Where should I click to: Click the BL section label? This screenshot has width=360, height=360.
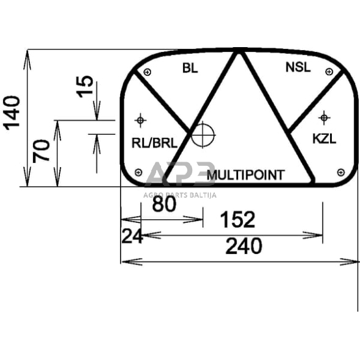[x=190, y=68]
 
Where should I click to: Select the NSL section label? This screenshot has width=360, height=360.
[x=298, y=67]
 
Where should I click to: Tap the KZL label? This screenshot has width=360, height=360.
[x=324, y=139]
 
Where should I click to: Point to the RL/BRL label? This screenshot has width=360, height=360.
[x=154, y=143]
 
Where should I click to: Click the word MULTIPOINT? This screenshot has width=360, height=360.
[x=246, y=176]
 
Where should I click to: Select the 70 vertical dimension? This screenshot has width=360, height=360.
[x=42, y=151]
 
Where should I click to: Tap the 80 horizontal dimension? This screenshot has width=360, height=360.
[x=164, y=204]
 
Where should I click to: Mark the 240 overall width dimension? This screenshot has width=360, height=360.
[x=243, y=246]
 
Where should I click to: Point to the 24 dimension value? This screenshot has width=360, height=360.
[x=132, y=236]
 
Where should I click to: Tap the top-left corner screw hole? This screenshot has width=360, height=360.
[x=147, y=73]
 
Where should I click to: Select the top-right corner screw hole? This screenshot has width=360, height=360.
[x=331, y=72]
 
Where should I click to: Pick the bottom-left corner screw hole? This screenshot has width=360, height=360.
[x=138, y=172]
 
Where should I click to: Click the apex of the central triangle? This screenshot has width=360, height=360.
[x=239, y=51]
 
